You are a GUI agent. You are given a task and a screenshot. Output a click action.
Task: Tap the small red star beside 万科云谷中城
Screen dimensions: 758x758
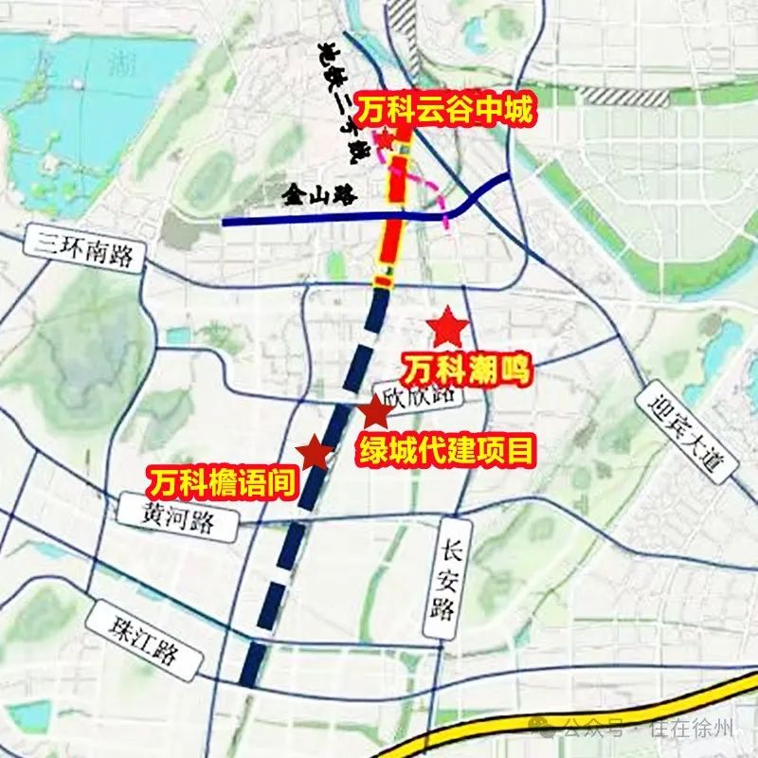(386, 140)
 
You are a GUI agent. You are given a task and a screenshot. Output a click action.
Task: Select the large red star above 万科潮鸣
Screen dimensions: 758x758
(446, 328)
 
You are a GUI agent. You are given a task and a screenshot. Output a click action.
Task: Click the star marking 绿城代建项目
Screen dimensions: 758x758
(374, 412)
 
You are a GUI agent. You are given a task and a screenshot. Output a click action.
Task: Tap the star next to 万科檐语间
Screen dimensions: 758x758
(313, 455)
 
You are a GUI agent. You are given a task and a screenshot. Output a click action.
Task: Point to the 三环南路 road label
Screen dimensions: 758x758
(85, 249)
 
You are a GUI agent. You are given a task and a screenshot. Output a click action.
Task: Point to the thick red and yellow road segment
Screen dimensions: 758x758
(396, 218)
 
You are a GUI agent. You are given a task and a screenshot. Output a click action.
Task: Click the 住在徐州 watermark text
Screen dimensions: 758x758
(690, 729)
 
